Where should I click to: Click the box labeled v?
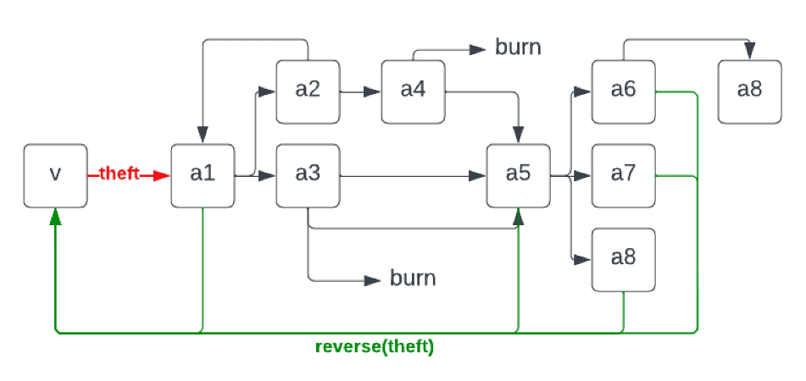point(55,175)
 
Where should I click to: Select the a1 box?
point(203,175)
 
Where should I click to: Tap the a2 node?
point(308,91)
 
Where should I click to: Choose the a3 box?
point(308,175)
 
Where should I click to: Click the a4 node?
point(413,91)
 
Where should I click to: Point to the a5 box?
point(518,175)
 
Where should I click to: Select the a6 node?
point(623,91)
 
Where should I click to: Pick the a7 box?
point(623,175)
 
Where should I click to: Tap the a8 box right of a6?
point(749,91)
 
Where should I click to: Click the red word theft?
point(120,174)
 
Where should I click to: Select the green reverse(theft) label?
point(374,347)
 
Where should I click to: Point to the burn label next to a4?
point(518,47)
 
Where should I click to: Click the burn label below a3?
point(413,279)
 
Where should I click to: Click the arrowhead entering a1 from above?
point(203,135)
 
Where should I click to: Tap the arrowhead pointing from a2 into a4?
point(372,91)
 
